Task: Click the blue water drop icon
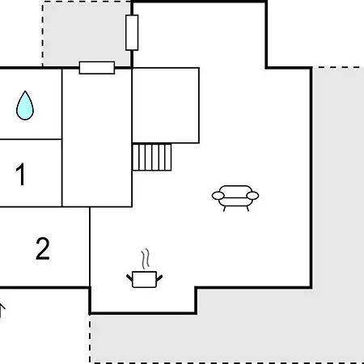click(x=25, y=106)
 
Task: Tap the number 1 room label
click(x=20, y=174)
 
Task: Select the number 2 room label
click(x=43, y=248)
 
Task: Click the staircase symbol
click(x=152, y=158)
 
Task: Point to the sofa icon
click(x=235, y=198)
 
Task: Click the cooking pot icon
click(x=145, y=279)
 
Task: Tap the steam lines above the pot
click(x=146, y=259)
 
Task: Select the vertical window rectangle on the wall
click(x=132, y=32)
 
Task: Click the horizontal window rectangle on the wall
click(x=97, y=67)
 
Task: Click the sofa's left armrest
click(x=218, y=196)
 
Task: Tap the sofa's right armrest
click(x=252, y=196)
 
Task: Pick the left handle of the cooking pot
click(x=129, y=278)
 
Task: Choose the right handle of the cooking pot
click(x=159, y=278)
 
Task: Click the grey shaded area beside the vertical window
click(x=87, y=34)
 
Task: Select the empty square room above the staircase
click(x=166, y=105)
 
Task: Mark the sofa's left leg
click(x=224, y=209)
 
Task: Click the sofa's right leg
click(x=248, y=209)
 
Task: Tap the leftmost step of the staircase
click(x=135, y=158)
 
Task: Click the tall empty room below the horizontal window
click(x=97, y=138)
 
